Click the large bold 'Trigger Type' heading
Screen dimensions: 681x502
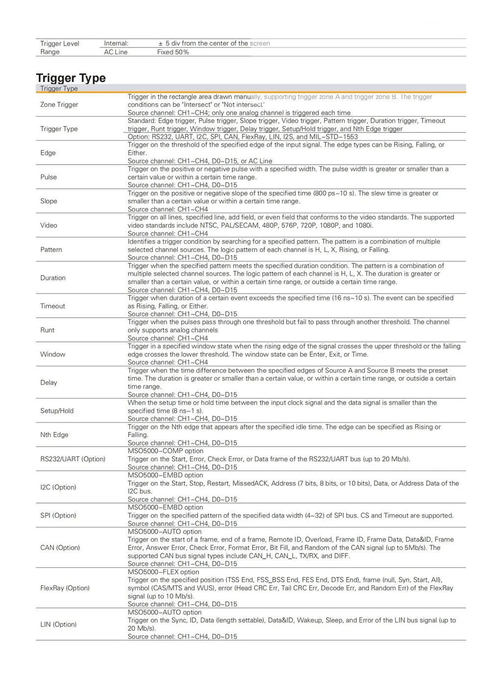(71, 78)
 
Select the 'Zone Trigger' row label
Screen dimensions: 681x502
(59, 104)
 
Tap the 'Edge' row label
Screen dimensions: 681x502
(48, 153)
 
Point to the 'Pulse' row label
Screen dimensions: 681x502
(49, 177)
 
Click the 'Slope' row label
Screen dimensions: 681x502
(49, 201)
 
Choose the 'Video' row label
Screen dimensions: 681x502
(49, 226)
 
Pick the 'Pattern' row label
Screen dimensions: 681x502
(51, 250)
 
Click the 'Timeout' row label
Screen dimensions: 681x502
(52, 306)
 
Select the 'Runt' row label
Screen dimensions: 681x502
(48, 330)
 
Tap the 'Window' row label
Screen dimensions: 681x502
(52, 354)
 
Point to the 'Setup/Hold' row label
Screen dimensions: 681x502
(57, 411)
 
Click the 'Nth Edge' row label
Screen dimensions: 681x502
(54, 435)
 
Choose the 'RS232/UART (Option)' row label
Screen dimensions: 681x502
(73, 459)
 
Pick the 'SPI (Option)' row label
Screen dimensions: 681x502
(58, 515)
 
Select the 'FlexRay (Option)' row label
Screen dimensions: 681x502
(65, 588)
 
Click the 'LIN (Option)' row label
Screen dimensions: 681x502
(58, 624)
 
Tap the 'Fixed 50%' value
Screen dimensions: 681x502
(173, 52)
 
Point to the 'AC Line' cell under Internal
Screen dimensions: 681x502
(116, 52)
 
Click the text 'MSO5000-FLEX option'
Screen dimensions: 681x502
(163, 572)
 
